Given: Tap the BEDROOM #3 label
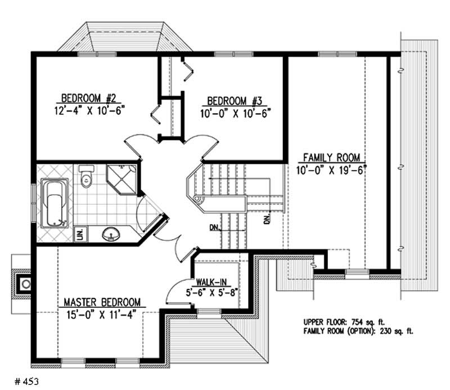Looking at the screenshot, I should pyautogui.click(x=236, y=101).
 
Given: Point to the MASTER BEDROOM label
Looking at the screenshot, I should pyautogui.click(x=102, y=302).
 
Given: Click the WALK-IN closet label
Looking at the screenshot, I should pyautogui.click(x=211, y=283).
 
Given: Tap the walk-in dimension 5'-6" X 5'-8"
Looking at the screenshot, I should pyautogui.click(x=213, y=293).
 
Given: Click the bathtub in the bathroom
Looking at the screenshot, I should pyautogui.click(x=55, y=203).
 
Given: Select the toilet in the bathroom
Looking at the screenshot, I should pyautogui.click(x=85, y=176).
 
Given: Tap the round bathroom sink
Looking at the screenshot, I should pyautogui.click(x=110, y=233).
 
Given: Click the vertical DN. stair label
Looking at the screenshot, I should pyautogui.click(x=268, y=217).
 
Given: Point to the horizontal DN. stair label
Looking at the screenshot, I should pyautogui.click(x=214, y=228).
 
